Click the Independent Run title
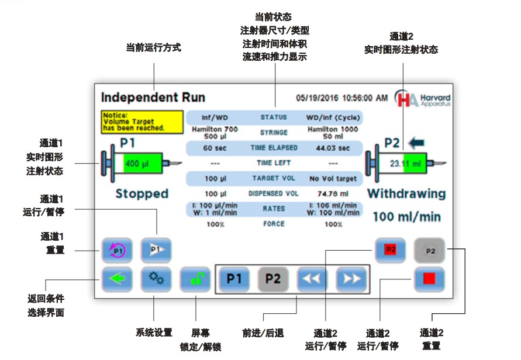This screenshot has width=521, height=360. pyautogui.click(x=153, y=97)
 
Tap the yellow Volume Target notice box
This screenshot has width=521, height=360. pyautogui.click(x=134, y=121)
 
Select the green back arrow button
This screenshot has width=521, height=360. pyautogui.click(x=117, y=279)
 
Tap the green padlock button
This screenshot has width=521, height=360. pyautogui.click(x=195, y=279)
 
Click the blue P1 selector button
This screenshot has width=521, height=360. pyautogui.click(x=234, y=279)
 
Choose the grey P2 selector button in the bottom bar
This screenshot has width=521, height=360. pyautogui.click(x=273, y=279)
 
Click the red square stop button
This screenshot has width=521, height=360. pyautogui.click(x=429, y=279)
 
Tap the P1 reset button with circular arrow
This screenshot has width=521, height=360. pyautogui.click(x=117, y=250)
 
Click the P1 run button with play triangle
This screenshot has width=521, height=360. pyautogui.click(x=156, y=250)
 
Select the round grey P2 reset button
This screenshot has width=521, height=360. pyautogui.click(x=430, y=250)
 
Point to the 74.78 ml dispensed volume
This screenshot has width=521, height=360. pyautogui.click(x=333, y=193)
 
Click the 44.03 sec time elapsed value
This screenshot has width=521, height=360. pyautogui.click(x=333, y=148)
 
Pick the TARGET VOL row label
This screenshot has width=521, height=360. pyautogui.click(x=274, y=178)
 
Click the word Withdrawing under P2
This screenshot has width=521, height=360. pyautogui.click(x=406, y=193)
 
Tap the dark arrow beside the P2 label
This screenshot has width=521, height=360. pyautogui.click(x=417, y=142)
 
